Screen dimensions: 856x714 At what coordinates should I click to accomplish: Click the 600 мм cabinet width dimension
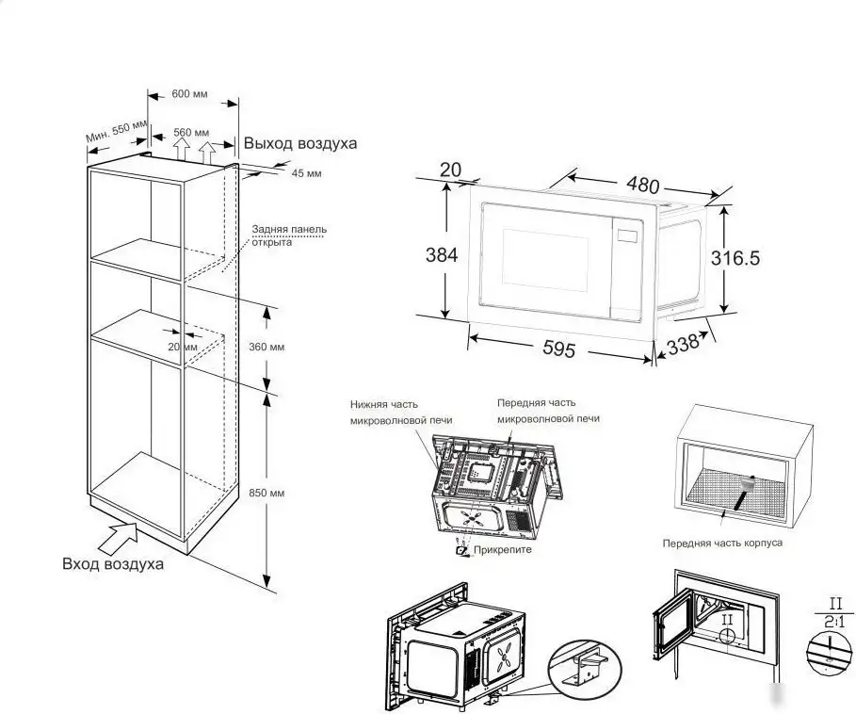coord(189,94)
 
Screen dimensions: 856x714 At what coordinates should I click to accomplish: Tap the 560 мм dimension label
coord(191,132)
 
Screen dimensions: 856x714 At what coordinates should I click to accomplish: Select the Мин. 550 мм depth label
coord(116,131)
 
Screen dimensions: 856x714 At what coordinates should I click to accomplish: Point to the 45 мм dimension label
coord(306,173)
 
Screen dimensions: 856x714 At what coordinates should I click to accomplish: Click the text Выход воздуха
coord(300,143)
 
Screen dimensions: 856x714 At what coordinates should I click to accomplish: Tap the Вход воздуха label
coord(113,563)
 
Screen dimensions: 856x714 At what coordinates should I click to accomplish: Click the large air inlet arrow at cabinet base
coord(119,539)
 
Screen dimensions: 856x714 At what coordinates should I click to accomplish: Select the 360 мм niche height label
coord(266,347)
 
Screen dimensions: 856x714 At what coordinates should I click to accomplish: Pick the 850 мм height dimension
coord(266,493)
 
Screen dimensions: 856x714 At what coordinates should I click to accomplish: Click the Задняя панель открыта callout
coord(289,235)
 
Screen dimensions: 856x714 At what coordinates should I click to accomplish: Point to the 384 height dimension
coord(441,255)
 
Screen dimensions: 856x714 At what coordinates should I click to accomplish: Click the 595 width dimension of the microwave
coord(559,349)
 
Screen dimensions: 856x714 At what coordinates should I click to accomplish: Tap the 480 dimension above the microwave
coord(642,185)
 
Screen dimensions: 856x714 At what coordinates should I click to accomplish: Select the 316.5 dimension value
coord(735,258)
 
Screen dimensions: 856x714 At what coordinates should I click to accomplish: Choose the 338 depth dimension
coord(683,345)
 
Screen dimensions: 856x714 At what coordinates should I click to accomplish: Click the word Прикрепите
coord(502,550)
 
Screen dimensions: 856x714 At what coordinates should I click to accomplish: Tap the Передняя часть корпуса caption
coord(722,544)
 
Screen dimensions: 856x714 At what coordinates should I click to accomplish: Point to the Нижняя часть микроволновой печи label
coord(401,413)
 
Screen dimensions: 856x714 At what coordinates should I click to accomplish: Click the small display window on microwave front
coord(628,235)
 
